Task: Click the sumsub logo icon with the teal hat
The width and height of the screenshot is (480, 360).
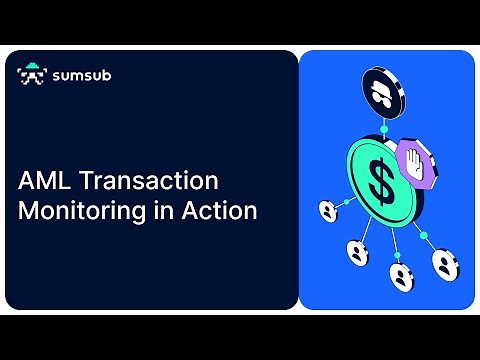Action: [32, 74]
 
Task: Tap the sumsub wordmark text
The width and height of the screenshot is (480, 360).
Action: [78, 75]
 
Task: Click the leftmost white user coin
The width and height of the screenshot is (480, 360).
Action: [327, 211]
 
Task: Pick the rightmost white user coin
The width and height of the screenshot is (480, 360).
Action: [444, 264]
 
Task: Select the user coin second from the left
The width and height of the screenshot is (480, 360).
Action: [356, 252]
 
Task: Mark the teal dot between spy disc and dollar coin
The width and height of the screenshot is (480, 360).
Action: [383, 129]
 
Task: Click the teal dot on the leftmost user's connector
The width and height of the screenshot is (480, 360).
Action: [346, 202]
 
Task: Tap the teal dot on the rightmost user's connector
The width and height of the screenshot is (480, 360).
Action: [424, 237]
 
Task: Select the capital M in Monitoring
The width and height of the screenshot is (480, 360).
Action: [31, 211]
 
